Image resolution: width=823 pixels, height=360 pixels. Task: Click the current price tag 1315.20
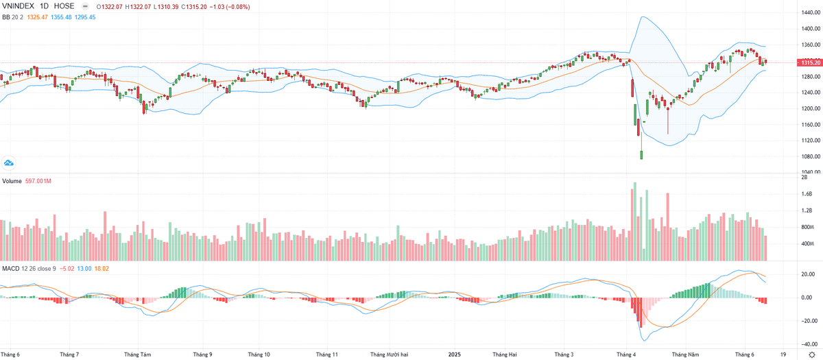808,62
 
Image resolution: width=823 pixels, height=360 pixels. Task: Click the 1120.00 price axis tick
811,141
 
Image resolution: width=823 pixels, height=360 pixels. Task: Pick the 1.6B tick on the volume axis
807,194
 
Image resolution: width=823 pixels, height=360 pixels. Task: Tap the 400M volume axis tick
808,243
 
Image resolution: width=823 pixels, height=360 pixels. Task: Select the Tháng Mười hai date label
390,355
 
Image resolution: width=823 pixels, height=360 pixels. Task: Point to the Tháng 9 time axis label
202,355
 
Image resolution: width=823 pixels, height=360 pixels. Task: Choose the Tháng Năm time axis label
684,355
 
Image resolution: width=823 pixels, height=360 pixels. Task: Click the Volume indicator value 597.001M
40,181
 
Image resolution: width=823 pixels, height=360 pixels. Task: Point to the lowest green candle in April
641,155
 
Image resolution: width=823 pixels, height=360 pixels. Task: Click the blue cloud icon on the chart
9,163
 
